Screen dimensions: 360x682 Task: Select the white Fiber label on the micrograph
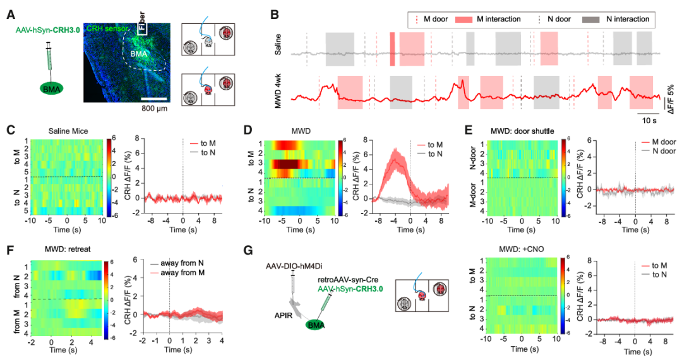point(142,25)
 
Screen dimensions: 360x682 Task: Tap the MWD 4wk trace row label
point(279,92)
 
